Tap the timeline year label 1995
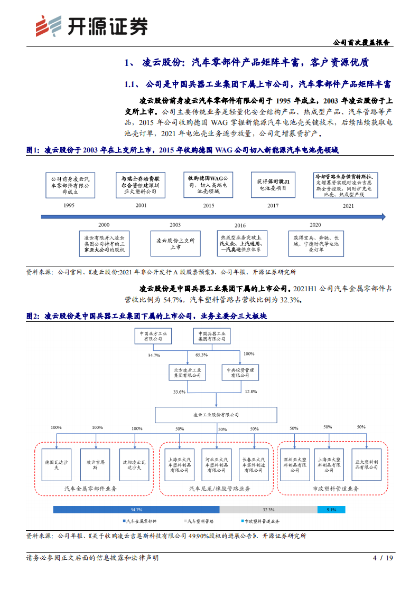[x=69, y=205]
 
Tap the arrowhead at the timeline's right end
[x=383, y=216]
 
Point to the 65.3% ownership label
[x=201, y=355]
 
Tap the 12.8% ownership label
[x=250, y=392]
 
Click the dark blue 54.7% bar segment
[x=136, y=510]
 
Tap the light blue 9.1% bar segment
[x=331, y=510]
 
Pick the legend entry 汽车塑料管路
[x=201, y=521]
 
